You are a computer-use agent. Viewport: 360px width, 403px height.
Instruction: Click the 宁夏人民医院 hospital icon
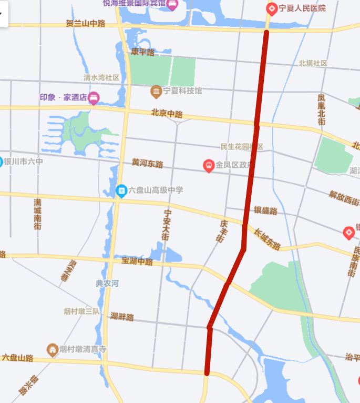[x=272, y=8]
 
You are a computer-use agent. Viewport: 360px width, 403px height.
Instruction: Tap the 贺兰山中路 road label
[x=86, y=24]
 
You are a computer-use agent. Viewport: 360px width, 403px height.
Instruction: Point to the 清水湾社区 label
[x=101, y=77]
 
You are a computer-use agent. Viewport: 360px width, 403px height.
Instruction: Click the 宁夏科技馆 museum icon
[x=156, y=92]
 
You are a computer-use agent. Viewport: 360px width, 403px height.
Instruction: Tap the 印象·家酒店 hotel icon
[x=94, y=97]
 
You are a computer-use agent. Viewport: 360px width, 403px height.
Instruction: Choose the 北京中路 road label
[x=167, y=113]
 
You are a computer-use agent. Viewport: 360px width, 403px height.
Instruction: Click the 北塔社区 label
[x=313, y=63]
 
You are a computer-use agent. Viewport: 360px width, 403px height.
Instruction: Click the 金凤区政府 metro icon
[x=209, y=166]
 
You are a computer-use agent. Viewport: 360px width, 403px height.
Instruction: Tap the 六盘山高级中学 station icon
[x=121, y=190]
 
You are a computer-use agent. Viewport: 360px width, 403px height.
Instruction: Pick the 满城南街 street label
[x=37, y=214]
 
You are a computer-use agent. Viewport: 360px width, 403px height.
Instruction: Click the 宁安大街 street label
[x=167, y=225]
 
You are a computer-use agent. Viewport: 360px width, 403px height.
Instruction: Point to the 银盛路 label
[x=265, y=210]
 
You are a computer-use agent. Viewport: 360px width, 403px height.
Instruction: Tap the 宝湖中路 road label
[x=137, y=261]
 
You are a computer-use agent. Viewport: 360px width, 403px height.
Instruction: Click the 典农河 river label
[x=107, y=284]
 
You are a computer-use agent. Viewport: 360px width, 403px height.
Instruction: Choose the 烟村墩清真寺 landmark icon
[x=52, y=349]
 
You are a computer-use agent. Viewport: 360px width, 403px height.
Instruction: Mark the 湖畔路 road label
[x=122, y=317]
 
